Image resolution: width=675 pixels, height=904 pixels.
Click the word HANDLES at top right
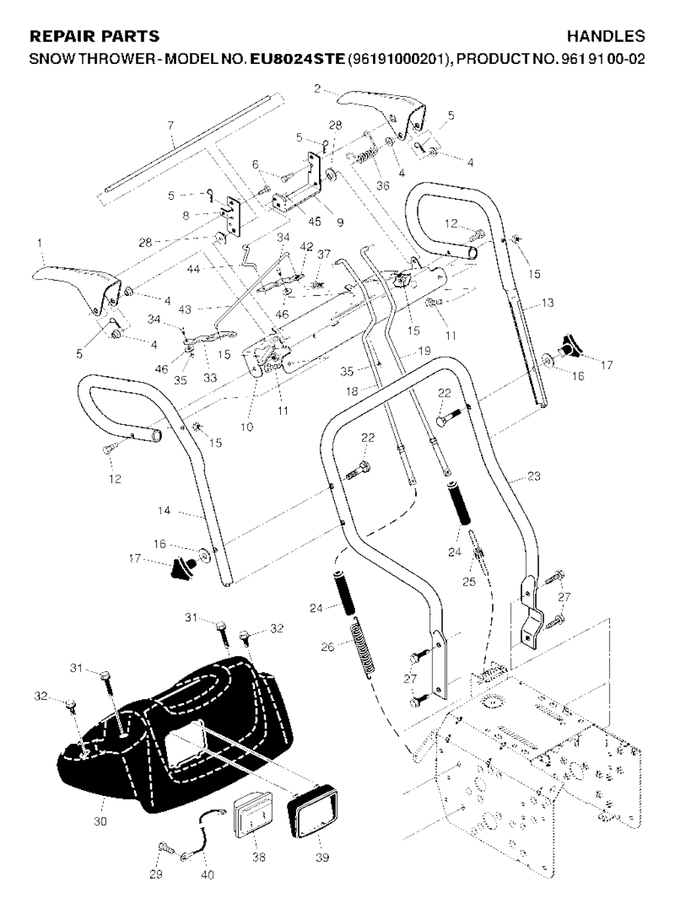(x=606, y=36)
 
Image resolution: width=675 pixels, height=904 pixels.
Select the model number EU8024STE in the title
(x=297, y=59)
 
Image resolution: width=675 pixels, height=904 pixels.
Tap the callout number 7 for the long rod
(x=171, y=125)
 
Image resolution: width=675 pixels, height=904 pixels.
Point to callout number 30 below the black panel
(x=100, y=822)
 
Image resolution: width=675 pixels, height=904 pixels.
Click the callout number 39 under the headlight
(x=322, y=857)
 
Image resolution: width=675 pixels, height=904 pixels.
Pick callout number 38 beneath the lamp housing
(x=258, y=857)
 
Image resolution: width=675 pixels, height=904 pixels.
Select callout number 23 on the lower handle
(x=534, y=476)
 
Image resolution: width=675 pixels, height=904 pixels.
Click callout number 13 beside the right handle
(x=547, y=303)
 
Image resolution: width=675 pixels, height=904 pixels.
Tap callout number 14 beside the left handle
(x=164, y=510)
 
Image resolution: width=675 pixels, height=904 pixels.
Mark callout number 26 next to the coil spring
(x=328, y=646)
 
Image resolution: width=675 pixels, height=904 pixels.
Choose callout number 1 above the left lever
(x=40, y=243)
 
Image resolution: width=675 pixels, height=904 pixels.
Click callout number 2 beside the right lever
(x=317, y=89)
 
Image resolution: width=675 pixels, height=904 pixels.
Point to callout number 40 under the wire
(x=207, y=875)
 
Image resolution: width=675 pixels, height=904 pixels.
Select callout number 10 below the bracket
(x=246, y=426)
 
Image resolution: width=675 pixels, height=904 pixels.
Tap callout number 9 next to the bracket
(x=340, y=222)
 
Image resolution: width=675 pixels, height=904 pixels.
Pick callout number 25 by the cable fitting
(x=469, y=582)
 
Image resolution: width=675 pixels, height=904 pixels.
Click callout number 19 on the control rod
(x=424, y=351)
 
